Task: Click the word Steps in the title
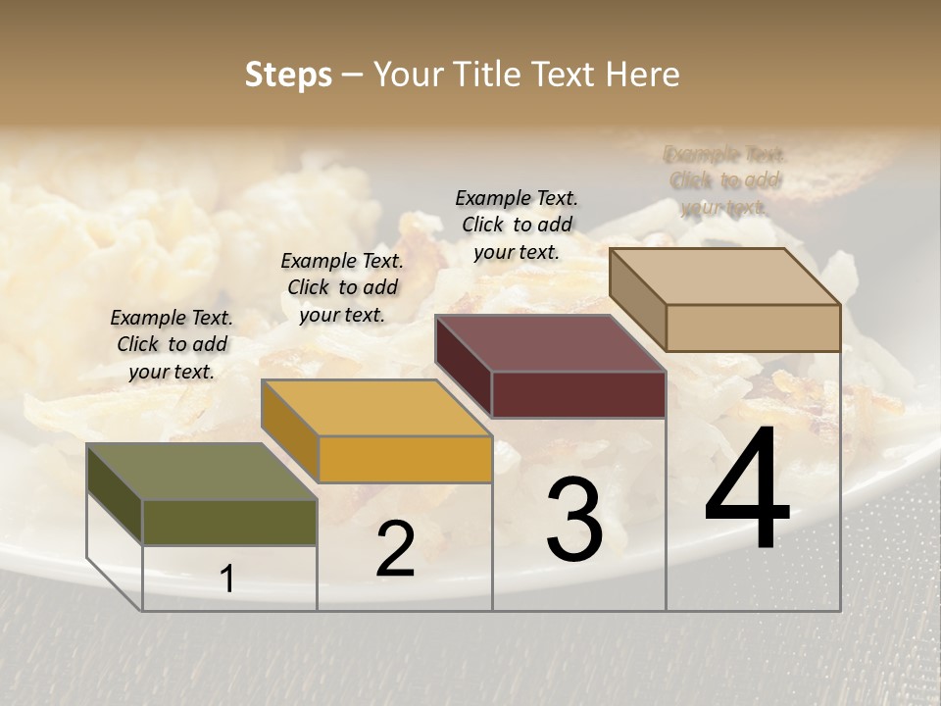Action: (x=288, y=75)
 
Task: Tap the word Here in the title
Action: (x=642, y=75)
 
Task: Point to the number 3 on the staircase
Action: (x=573, y=520)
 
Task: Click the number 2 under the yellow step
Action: (x=395, y=549)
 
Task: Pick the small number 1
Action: (x=227, y=580)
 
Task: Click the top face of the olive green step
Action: (x=202, y=472)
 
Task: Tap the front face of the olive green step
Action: (x=229, y=522)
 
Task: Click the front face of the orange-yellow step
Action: (x=405, y=459)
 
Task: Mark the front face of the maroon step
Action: (x=578, y=394)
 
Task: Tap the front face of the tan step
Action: (x=753, y=328)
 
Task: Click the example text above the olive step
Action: (x=172, y=344)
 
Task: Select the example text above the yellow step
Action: (x=342, y=287)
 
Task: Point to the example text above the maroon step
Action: (x=517, y=225)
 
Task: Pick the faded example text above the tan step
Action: (x=725, y=180)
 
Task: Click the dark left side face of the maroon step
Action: (x=463, y=365)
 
